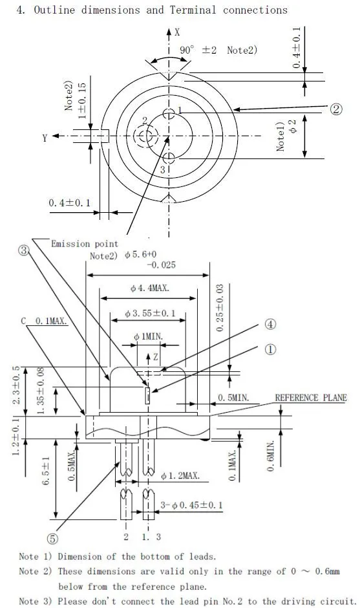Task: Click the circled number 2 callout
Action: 336,109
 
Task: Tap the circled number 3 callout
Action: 24,250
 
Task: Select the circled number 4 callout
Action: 270,324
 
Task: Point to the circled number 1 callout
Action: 270,349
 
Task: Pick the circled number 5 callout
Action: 53,539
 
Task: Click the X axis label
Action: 177,32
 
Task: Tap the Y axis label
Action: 45,138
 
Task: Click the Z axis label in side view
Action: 155,357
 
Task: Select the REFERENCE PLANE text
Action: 311,398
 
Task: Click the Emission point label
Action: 85,244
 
